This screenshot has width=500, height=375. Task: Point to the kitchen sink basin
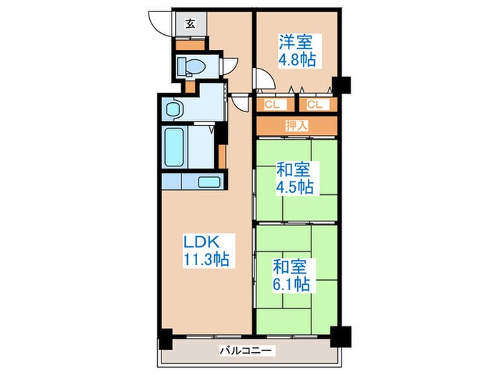(207, 181)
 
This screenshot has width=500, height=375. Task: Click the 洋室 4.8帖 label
(297, 50)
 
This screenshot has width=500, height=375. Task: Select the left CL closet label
(272, 105)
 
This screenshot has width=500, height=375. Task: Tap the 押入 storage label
(296, 126)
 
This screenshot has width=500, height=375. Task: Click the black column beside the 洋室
(342, 85)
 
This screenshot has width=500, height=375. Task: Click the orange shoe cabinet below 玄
(190, 44)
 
